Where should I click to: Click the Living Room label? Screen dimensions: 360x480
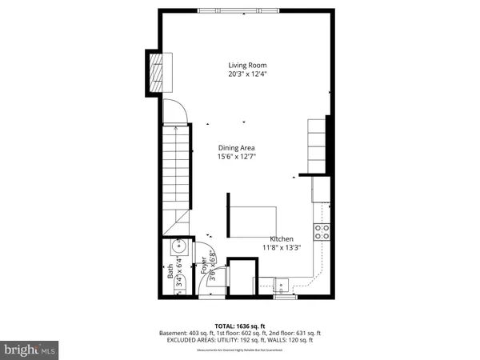[246, 65]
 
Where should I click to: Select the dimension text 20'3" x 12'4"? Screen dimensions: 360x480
[246, 74]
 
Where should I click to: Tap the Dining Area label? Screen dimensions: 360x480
[238, 147]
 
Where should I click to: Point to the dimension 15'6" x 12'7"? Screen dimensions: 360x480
[238, 157]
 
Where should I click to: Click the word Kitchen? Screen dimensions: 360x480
[281, 239]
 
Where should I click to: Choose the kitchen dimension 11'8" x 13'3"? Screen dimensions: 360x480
[281, 248]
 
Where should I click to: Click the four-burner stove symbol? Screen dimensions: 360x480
[322, 231]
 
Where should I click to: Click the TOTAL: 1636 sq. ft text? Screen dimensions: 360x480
[240, 326]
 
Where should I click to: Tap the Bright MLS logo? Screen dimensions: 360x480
[30, 350]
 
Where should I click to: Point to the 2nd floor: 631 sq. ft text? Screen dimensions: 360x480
[295, 332]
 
